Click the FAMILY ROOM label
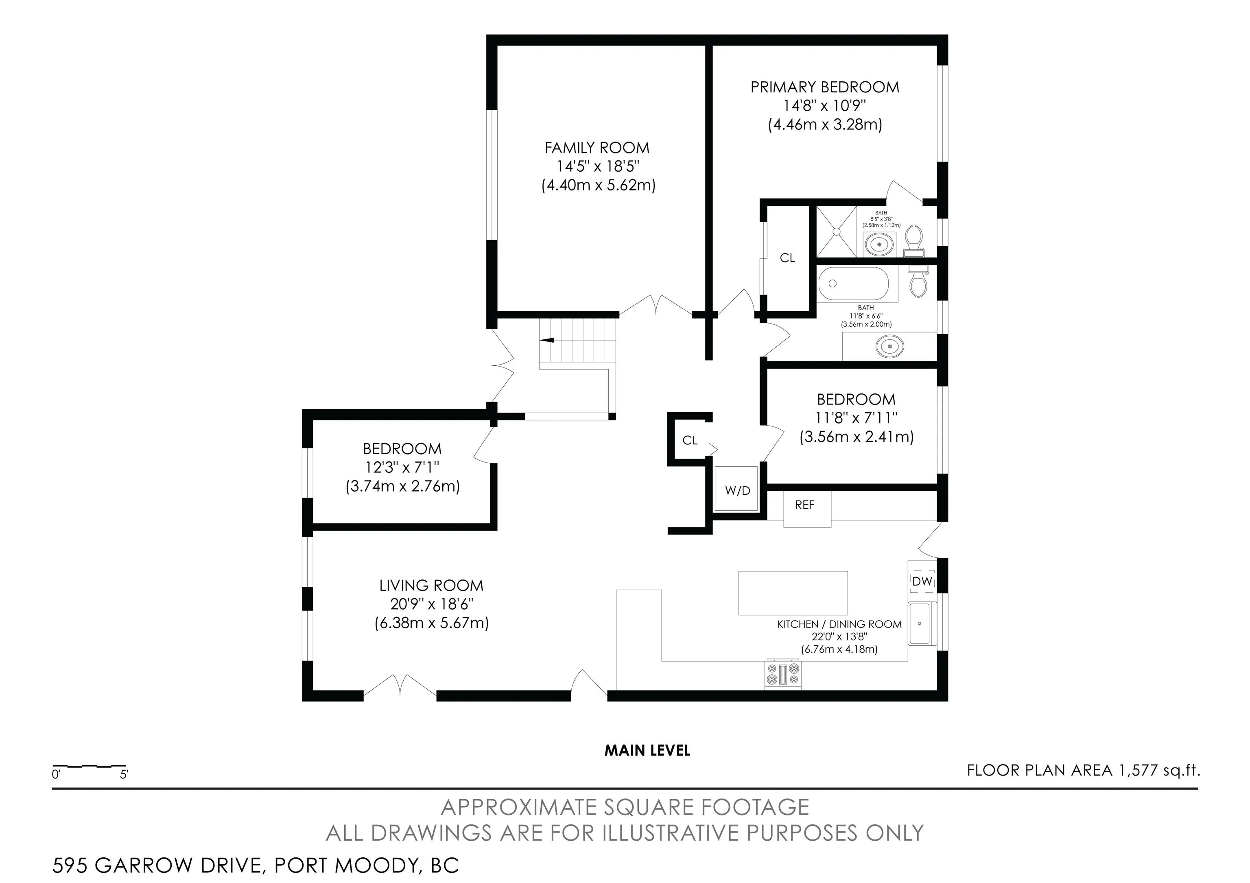pyautogui.click(x=597, y=148)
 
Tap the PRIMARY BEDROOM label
pyautogui.click(x=825, y=87)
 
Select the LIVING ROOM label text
pyautogui.click(x=431, y=586)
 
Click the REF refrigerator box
pyautogui.click(x=807, y=509)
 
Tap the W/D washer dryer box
pyautogui.click(x=736, y=488)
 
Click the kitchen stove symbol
pyautogui.click(x=782, y=675)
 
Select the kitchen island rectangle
pyautogui.click(x=793, y=593)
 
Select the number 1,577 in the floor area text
pyautogui.click(x=1137, y=770)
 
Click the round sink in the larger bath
pyautogui.click(x=889, y=346)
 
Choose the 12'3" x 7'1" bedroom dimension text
pyautogui.click(x=402, y=467)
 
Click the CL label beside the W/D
pyautogui.click(x=690, y=440)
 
